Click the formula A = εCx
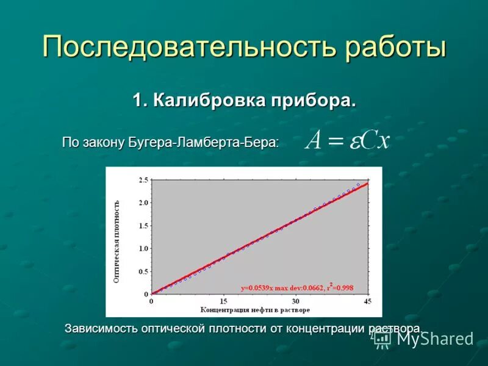click(x=348, y=140)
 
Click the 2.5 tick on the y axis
click(x=143, y=180)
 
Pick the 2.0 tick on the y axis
click(x=143, y=203)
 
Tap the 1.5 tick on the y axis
click(x=143, y=226)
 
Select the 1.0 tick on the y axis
click(x=143, y=248)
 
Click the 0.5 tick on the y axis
click(x=143, y=271)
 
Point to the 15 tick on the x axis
click(x=224, y=301)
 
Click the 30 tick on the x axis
click(x=296, y=301)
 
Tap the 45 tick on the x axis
click(x=367, y=301)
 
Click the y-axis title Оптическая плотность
click(x=117, y=241)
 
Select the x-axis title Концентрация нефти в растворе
click(x=256, y=310)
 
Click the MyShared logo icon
click(x=382, y=339)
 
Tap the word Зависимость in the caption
click(x=102, y=329)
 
